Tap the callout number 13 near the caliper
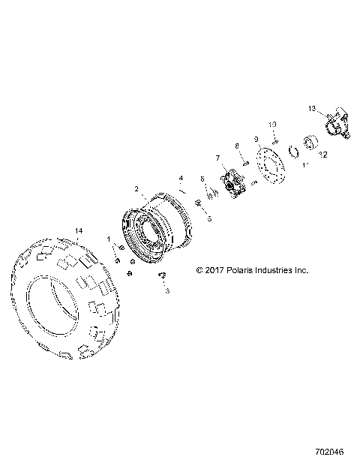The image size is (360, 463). pyautogui.click(x=312, y=110)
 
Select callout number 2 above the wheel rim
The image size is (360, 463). pyautogui.click(x=136, y=189)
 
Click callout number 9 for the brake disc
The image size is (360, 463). pyautogui.click(x=256, y=140)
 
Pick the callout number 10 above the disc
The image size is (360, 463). pyautogui.click(x=273, y=123)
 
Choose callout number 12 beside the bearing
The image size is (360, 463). pyautogui.click(x=324, y=155)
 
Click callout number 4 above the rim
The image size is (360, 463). pyautogui.click(x=181, y=179)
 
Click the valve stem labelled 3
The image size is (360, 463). pyautogui.click(x=161, y=277)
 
